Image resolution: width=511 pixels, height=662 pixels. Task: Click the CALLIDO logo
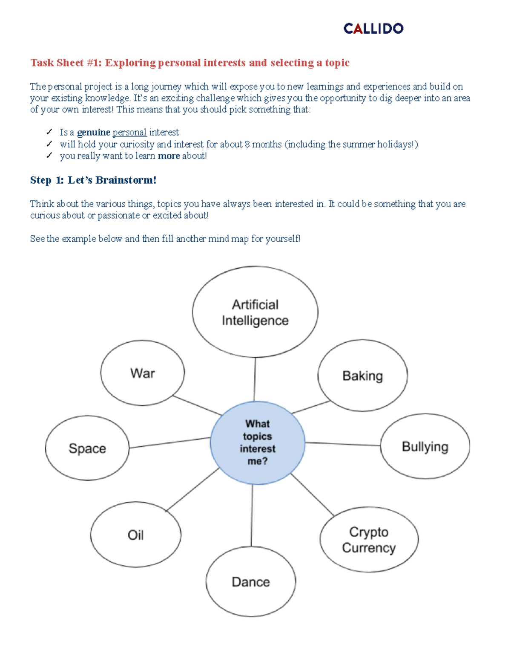[x=373, y=29]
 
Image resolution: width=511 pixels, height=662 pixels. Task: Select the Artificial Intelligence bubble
[x=255, y=312]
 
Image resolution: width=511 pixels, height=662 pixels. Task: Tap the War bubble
[x=143, y=373]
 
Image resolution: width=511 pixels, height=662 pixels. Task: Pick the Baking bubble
[x=362, y=376]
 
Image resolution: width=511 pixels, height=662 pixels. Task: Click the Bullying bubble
[x=425, y=446]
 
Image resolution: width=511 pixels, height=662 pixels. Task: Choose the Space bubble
[x=87, y=448]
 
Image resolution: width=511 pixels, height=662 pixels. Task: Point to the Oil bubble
[x=135, y=535]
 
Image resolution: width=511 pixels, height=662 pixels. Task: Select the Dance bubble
[x=251, y=581]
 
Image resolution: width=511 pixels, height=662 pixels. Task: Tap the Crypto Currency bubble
[x=369, y=540]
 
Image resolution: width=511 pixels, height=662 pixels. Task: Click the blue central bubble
[x=258, y=442]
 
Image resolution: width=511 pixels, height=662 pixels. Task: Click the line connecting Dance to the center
[x=252, y=516]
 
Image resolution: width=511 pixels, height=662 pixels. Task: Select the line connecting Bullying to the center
[x=343, y=444]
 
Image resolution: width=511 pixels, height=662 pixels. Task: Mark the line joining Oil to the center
[x=192, y=489]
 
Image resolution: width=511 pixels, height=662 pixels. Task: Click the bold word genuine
[x=93, y=133]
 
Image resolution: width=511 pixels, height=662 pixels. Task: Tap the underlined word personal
[x=129, y=133]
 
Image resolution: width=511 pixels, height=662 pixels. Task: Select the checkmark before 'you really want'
[x=49, y=156]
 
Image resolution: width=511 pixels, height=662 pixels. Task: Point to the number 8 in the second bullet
[x=247, y=145]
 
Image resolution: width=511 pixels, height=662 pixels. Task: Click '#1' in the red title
[x=94, y=63]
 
